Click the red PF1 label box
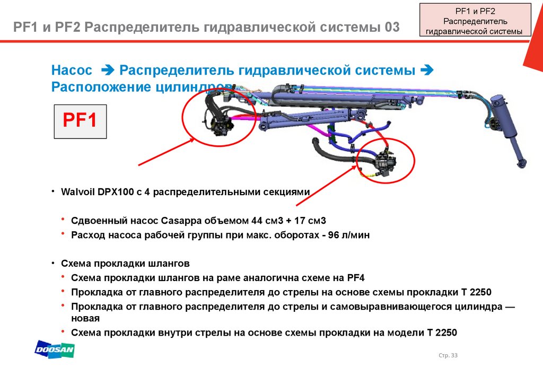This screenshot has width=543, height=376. tap(80, 121)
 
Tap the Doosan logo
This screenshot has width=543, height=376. tap(55, 349)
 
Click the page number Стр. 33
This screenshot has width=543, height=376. tap(448, 355)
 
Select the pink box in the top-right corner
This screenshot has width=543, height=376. tap(475, 20)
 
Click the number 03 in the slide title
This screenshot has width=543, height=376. tap(392, 27)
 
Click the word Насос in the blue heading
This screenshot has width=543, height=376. tap(72, 71)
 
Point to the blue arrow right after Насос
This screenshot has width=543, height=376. tap(107, 71)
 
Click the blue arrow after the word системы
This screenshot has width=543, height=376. tap(427, 71)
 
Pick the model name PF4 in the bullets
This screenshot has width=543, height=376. tap(356, 278)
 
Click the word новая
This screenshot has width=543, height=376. tap(85, 318)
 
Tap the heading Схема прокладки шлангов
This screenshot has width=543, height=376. tap(125, 264)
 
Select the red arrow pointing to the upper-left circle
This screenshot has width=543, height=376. tap(167, 152)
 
